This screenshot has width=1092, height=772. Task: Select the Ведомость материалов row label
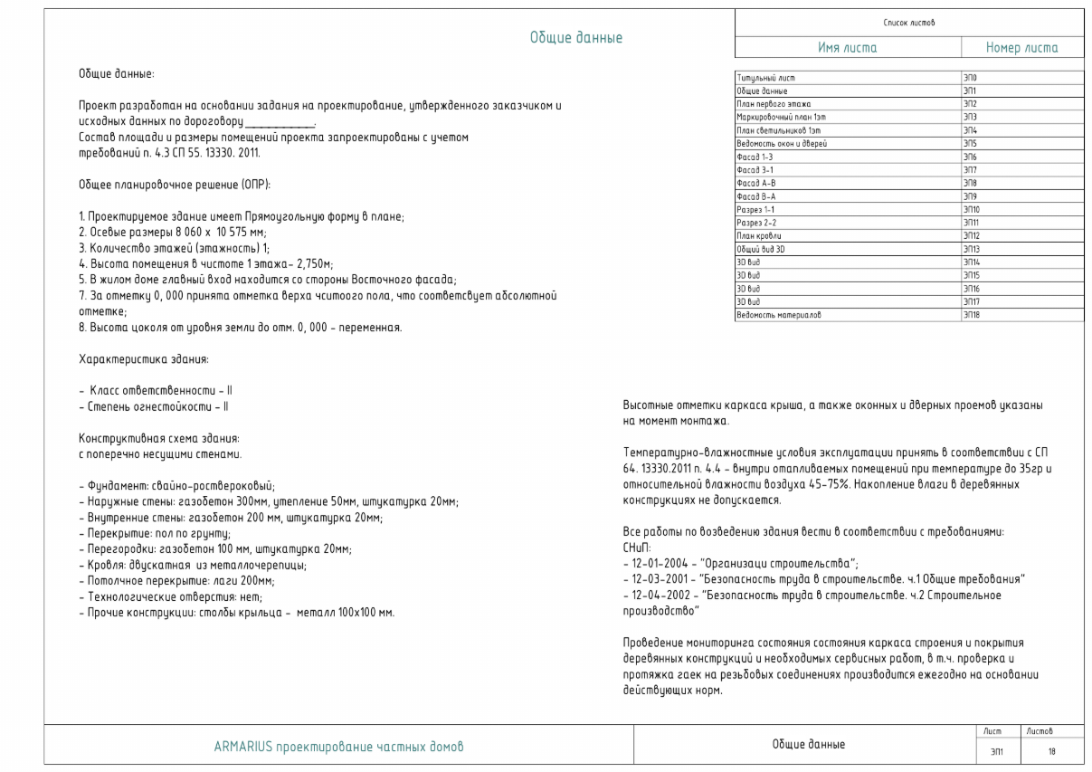coord(777,315)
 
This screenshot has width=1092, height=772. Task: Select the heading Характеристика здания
coord(145,361)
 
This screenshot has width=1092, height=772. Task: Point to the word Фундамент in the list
coord(111,485)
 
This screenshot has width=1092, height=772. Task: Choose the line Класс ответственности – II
coord(154,389)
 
